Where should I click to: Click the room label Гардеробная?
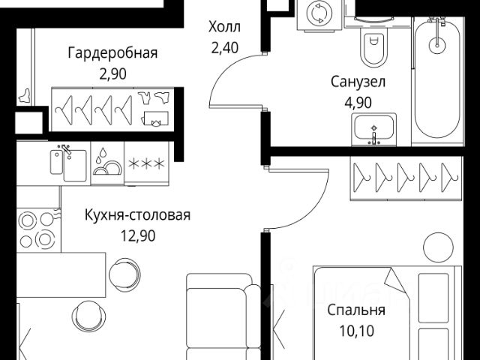[112, 52]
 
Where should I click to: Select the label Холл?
[224, 28]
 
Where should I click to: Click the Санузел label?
[358, 82]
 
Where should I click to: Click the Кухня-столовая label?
[137, 215]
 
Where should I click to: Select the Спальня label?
[356, 310]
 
